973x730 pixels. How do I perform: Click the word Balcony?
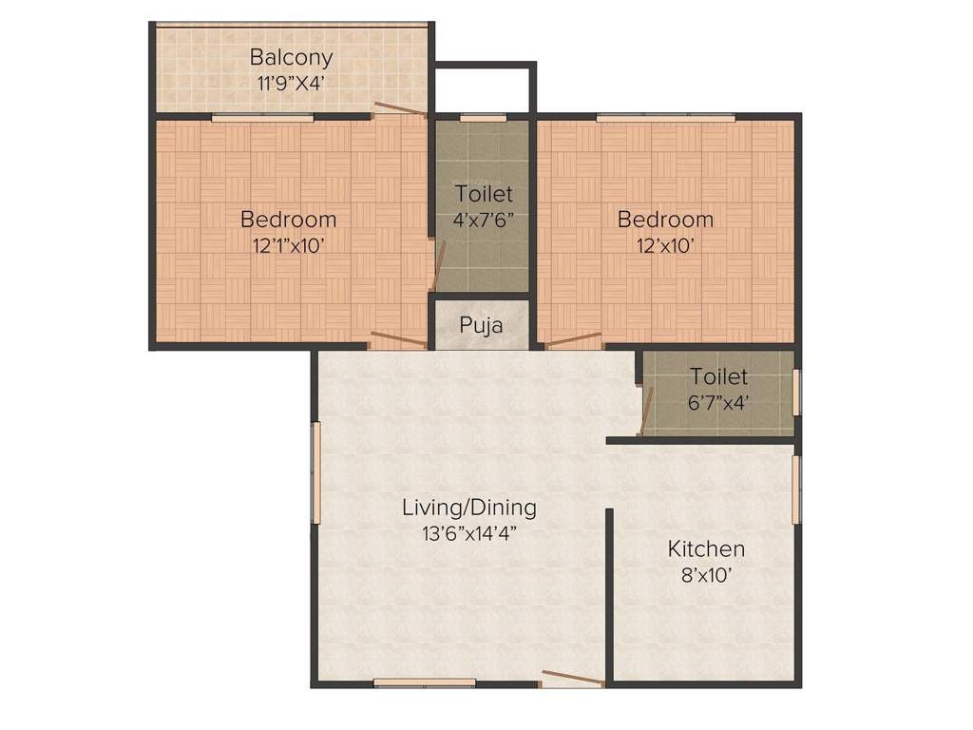291,57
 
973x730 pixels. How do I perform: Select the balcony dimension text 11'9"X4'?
291,82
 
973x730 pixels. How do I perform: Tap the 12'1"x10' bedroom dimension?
288,244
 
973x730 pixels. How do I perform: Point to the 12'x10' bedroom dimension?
665,244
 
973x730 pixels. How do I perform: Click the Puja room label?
481,325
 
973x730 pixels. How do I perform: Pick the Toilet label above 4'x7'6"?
484,194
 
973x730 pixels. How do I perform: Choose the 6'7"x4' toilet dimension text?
718,402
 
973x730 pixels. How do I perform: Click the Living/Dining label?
468,508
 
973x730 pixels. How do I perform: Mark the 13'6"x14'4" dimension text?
468,532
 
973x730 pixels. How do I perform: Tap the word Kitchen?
706,549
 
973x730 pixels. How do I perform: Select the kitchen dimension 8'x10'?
706,574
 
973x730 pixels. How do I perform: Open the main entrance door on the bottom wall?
572,679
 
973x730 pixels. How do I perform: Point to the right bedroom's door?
573,338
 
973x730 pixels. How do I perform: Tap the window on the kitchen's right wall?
796,489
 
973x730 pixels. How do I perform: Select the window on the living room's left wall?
316,472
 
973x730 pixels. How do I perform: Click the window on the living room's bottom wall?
424,682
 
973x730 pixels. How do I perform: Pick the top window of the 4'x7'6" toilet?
483,118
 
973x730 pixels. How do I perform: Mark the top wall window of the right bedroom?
665,118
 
